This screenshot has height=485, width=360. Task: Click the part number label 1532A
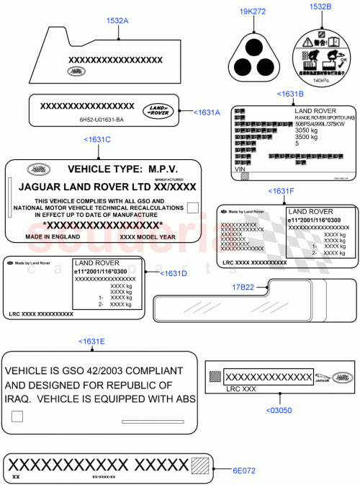[x=117, y=21]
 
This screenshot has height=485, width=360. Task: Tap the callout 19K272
[x=252, y=12]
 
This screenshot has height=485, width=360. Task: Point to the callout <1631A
[x=206, y=112]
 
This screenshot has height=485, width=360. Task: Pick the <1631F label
[x=281, y=191]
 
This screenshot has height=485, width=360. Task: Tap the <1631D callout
[x=173, y=274]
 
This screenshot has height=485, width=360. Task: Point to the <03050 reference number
[x=279, y=411]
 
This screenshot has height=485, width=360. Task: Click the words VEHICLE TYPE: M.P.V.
[x=122, y=169]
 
